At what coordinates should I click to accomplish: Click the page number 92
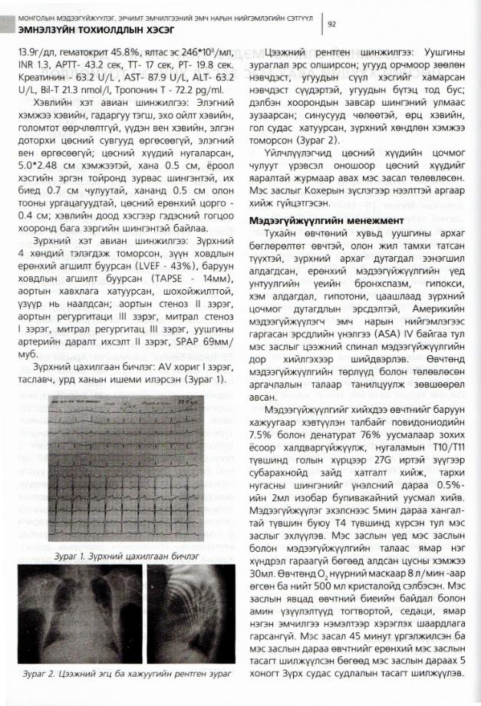click(x=333, y=24)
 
